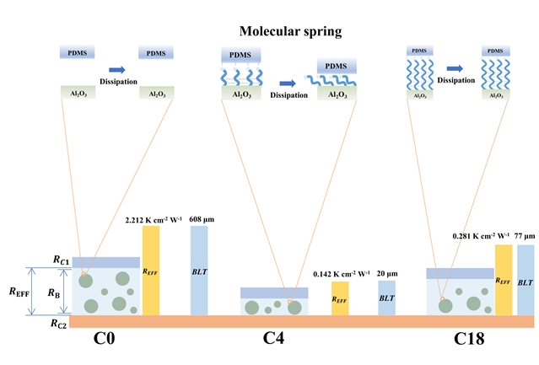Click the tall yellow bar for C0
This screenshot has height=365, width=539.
pos(151,271)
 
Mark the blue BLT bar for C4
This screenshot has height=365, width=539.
pos(386,298)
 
